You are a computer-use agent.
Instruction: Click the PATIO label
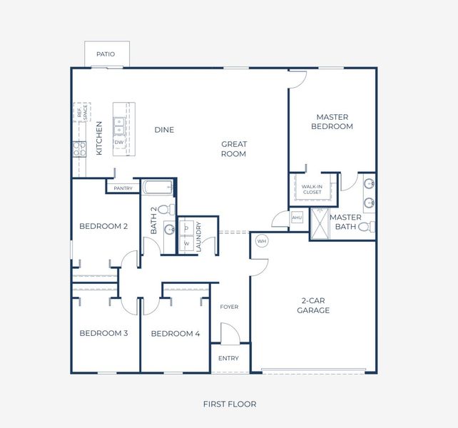click(106, 54)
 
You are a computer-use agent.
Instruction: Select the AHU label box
click(297, 218)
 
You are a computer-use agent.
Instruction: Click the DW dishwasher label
click(120, 143)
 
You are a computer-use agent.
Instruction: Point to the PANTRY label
click(123, 188)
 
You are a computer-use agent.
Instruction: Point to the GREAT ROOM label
click(233, 149)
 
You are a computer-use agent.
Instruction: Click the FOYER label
click(229, 307)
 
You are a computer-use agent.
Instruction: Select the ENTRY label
click(229, 358)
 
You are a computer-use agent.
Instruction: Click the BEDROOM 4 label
click(175, 334)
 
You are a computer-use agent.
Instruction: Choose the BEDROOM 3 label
click(103, 334)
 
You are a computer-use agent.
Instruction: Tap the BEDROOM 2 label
click(103, 227)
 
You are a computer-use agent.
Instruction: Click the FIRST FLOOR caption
click(229, 404)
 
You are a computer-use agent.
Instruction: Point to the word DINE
click(164, 130)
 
